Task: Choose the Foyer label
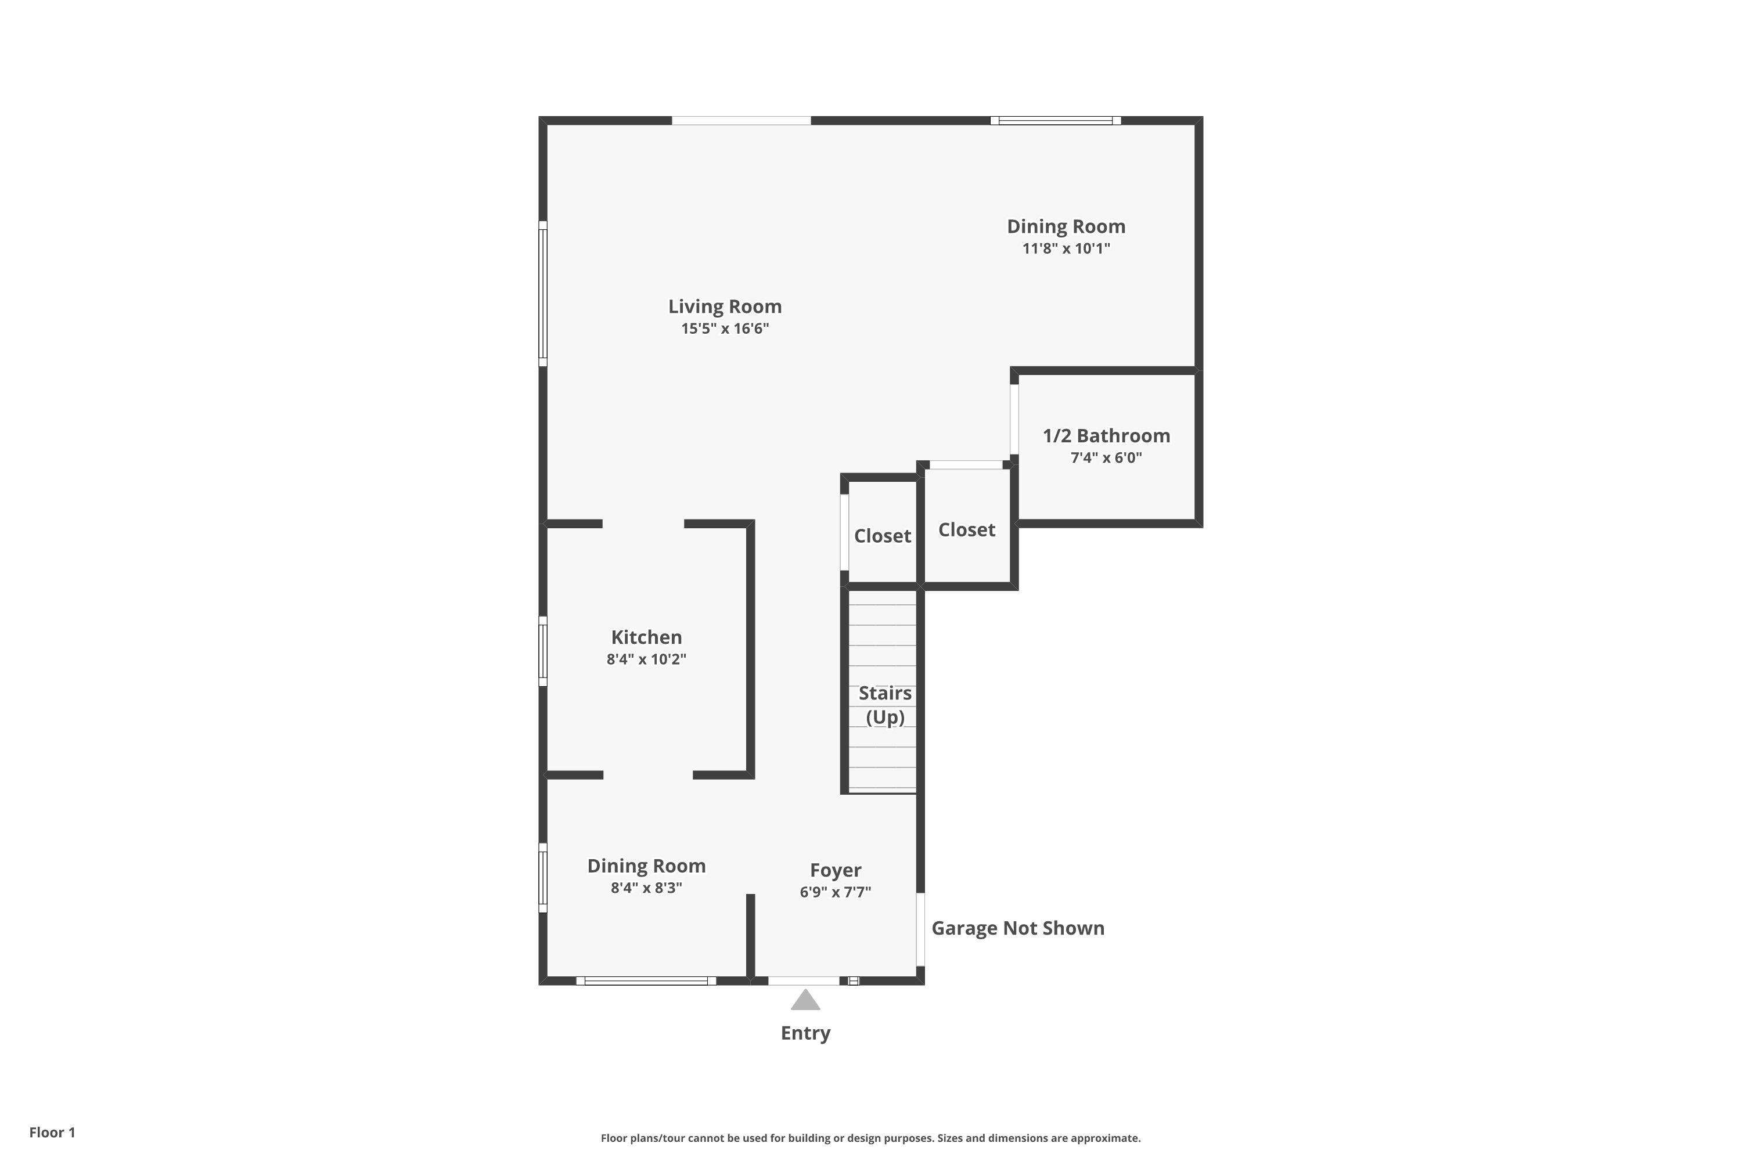pyautogui.click(x=835, y=870)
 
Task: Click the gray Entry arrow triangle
pyautogui.click(x=805, y=1001)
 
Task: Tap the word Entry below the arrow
pyautogui.click(x=805, y=1033)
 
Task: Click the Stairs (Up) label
pyautogui.click(x=884, y=705)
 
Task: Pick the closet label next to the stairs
pyautogui.click(x=882, y=536)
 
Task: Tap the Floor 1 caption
pyautogui.click(x=52, y=1132)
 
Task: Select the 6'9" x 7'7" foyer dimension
pyautogui.click(x=835, y=892)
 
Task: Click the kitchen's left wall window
pyautogui.click(x=543, y=651)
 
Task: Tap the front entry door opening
pyautogui.click(x=804, y=981)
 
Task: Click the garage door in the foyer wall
pyautogui.click(x=920, y=929)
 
